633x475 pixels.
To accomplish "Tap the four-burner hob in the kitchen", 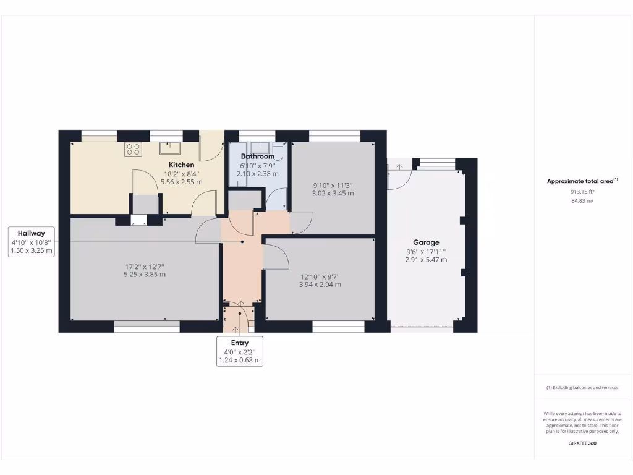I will pos(132,148).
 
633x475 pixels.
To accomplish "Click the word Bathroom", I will pos(258,156).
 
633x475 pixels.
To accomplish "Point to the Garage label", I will pos(427,242).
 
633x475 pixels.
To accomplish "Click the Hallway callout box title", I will pos(32,233).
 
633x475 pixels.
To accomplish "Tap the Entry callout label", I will pos(240,343).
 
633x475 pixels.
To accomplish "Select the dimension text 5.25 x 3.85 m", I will pos(145,275).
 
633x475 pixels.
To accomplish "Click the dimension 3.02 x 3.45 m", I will pos(333,193).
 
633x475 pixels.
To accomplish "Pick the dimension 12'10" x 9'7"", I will pos(320,276).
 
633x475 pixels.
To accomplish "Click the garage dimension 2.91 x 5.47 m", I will pos(427,260).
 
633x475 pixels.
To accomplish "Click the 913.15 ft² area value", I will pos(582,192).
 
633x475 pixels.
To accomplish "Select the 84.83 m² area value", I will pos(582,201).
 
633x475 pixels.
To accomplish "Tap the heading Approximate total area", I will pos(582,181).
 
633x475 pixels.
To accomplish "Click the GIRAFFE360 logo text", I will pos(582,443).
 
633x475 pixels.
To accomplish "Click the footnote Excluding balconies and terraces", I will pos(582,388).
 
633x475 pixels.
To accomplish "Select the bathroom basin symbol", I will pos(277,148).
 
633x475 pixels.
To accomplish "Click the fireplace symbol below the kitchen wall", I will pos(139,219).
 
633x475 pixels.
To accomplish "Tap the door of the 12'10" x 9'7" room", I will pos(275,256).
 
